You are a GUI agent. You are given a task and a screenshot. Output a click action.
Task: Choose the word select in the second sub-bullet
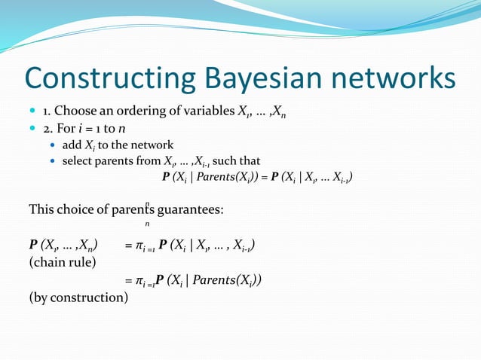click(78, 161)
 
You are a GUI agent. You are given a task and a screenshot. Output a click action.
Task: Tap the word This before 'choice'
click(42, 208)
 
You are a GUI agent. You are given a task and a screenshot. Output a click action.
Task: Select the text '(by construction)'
click(78, 297)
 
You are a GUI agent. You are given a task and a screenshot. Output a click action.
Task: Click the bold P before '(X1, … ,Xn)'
click(33, 246)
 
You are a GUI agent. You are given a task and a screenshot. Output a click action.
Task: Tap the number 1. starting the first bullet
click(47, 112)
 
